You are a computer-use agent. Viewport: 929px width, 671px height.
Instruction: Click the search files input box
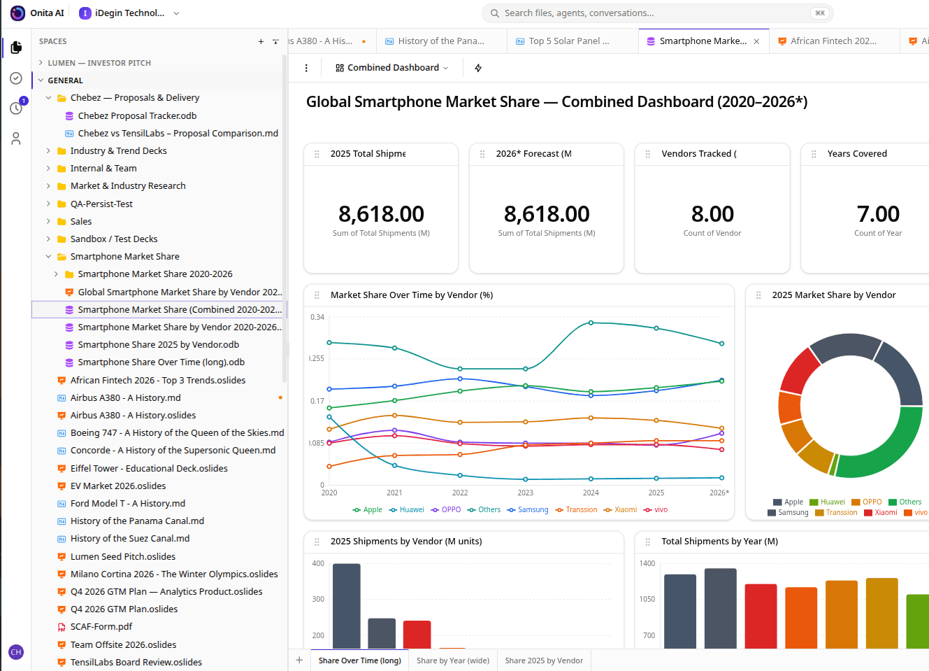[x=657, y=13]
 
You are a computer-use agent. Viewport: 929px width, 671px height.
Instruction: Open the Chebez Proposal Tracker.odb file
[x=137, y=116]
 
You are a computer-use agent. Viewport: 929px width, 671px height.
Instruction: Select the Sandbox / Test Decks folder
[x=114, y=239]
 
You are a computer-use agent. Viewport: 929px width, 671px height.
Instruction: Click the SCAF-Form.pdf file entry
[x=101, y=627]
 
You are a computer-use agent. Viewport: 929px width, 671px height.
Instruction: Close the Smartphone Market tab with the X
[x=756, y=41]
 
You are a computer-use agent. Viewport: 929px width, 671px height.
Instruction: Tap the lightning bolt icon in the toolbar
[x=478, y=68]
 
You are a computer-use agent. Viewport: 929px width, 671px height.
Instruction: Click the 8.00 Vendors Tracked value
[x=712, y=214]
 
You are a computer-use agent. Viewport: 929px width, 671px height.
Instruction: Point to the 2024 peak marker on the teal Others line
[x=591, y=323]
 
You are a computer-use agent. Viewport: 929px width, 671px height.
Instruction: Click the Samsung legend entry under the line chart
[x=528, y=509]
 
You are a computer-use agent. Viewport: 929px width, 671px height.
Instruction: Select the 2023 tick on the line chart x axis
[x=526, y=493]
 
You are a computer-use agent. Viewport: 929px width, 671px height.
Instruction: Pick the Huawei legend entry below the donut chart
[x=827, y=502]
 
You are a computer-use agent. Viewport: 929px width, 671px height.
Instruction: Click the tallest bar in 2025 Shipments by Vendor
[x=346, y=606]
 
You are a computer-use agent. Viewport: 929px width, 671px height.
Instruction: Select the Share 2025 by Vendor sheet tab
[x=544, y=661]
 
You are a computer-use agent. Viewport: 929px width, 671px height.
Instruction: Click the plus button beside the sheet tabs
[x=299, y=661]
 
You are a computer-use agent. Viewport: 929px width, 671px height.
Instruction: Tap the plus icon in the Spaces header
[x=261, y=41]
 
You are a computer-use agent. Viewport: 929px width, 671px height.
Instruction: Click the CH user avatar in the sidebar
[x=16, y=652]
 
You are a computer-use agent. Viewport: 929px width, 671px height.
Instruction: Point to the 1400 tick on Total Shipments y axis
[x=647, y=563]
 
